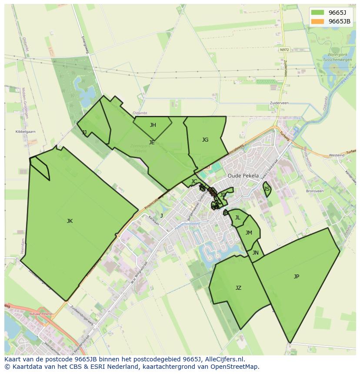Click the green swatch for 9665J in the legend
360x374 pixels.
point(317,13)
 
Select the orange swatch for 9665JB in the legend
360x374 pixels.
point(317,21)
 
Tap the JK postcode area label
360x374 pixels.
point(70,221)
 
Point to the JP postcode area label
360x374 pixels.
point(297,277)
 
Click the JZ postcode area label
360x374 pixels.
point(238,288)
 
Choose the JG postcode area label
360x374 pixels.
point(205,140)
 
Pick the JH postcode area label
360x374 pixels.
point(153,125)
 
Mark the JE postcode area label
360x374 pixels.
point(152,142)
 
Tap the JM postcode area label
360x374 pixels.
point(249,233)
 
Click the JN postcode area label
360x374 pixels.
point(256,253)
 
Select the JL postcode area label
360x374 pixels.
point(237,218)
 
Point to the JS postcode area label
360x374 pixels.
point(267,189)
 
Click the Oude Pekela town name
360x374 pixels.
point(243,176)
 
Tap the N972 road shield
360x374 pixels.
point(284,50)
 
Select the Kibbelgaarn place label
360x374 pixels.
point(26,132)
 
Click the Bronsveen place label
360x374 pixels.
point(315,191)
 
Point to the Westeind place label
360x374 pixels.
point(337,155)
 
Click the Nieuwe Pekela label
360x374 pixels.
point(40,314)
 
